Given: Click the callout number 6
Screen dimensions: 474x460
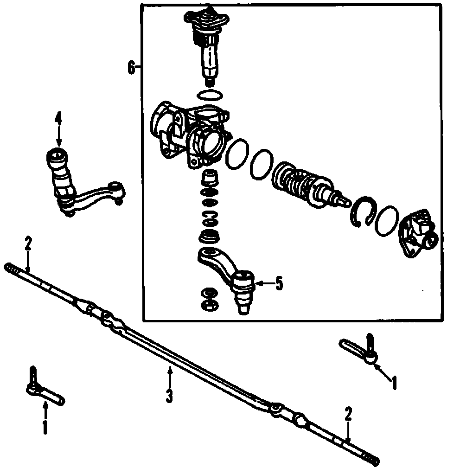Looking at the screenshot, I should [131, 68].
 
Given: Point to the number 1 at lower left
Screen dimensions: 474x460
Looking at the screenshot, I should [45, 427].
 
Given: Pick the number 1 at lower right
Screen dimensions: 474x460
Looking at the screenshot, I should [394, 383].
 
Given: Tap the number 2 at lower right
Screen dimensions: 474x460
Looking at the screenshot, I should [348, 413].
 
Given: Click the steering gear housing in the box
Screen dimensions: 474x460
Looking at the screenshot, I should [190, 132].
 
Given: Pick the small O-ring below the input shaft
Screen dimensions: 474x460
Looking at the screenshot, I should [209, 95].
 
